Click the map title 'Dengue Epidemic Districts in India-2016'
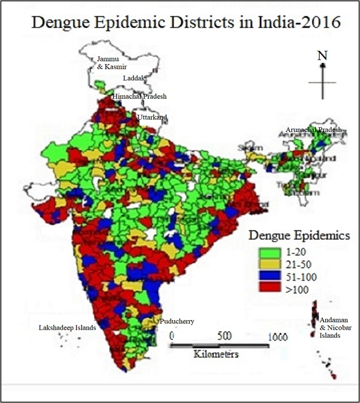(x=186, y=22)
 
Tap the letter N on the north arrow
(x=322, y=55)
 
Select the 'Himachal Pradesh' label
(x=139, y=97)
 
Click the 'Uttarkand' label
(x=152, y=117)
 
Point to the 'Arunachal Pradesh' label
(x=314, y=130)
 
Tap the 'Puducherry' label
(x=176, y=321)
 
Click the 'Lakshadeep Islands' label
(x=67, y=328)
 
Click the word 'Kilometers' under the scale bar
(x=216, y=354)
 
